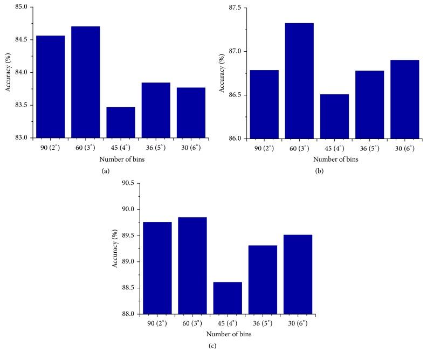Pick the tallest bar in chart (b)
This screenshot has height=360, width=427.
(x=299, y=81)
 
